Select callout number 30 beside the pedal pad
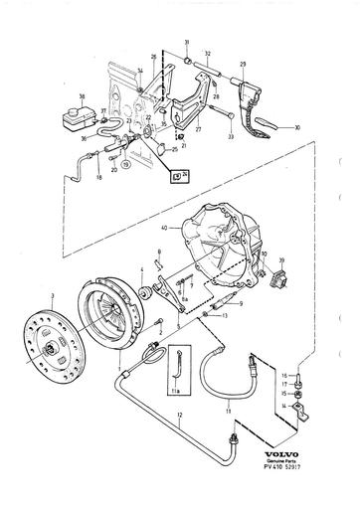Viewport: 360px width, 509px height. (297, 128)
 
